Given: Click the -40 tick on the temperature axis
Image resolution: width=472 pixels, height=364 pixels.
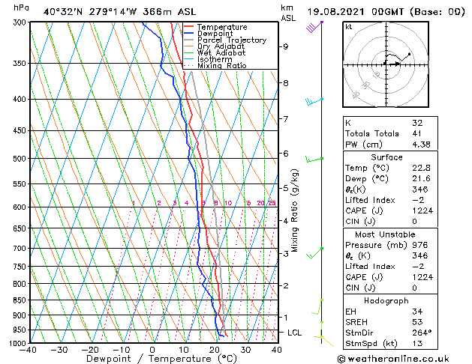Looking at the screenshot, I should tap(29, 350).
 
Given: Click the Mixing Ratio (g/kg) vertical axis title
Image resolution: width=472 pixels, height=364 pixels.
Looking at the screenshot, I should tap(296, 210).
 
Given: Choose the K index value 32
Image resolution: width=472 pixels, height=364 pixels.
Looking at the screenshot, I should tap(417, 122).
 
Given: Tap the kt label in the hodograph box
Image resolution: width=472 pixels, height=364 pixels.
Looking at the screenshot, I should tap(348, 26).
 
